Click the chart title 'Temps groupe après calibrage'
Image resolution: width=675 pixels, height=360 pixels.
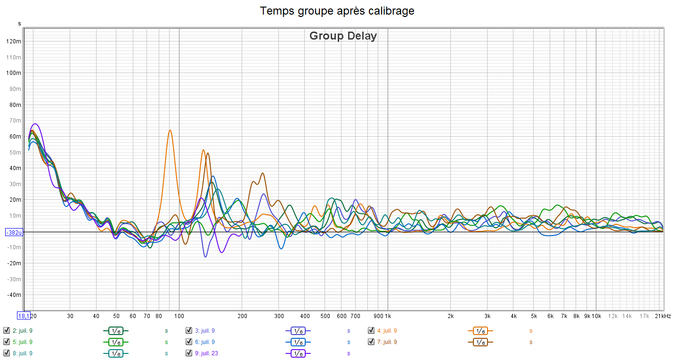pos(337,11)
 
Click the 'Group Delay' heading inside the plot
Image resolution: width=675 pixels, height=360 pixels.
pos(343,36)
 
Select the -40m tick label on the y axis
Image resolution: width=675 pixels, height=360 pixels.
pos(14,295)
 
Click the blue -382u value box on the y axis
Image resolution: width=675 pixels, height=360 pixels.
pos(14,232)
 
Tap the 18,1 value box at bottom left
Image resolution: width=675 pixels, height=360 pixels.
pos(24,316)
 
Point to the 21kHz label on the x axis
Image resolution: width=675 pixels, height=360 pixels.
pos(663,316)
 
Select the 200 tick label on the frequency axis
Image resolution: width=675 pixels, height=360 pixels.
pos(242,316)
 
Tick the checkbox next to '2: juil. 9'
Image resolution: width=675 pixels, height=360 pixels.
pos(7,331)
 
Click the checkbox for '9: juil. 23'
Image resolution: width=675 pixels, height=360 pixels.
pos(189,353)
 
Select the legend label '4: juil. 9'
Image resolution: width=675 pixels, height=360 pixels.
pos(387,331)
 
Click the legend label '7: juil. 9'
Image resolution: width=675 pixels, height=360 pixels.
pos(387,342)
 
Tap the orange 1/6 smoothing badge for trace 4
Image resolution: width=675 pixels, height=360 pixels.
pos(480,331)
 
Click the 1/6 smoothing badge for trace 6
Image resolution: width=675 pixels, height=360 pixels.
pos(298,342)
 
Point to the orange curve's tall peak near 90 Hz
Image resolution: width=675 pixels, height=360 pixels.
pos(170,130)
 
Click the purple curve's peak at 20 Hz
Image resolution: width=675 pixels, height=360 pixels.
pos(34,124)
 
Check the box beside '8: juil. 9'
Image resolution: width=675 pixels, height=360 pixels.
pos(7,353)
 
